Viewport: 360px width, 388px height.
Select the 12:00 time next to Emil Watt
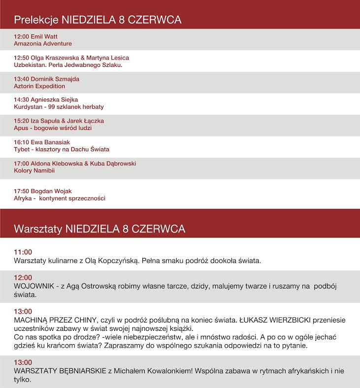(22, 36)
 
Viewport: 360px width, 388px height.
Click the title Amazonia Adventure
(43, 44)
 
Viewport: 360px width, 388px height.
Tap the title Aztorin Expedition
(39, 86)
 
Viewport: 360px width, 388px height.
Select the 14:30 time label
(22, 100)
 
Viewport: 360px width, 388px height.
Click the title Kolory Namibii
(34, 170)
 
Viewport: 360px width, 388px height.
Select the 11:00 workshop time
(23, 252)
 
